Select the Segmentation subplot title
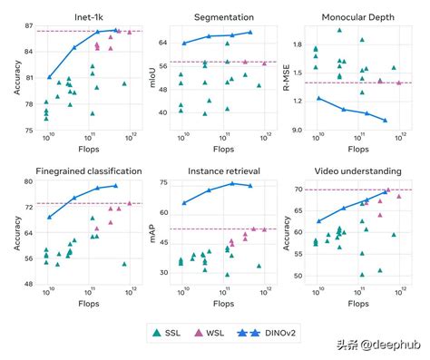click(223, 16)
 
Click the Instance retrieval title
click(223, 170)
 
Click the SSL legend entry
click(175, 334)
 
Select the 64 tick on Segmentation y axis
click(166, 43)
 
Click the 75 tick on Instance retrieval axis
click(166, 183)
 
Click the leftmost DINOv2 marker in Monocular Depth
click(318, 98)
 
